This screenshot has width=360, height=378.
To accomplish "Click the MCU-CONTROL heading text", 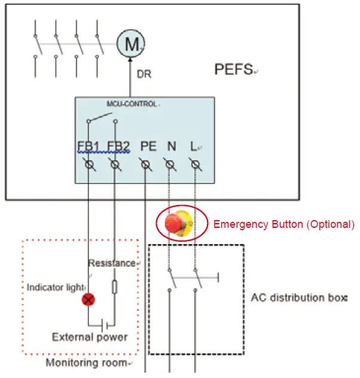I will tap(131, 104).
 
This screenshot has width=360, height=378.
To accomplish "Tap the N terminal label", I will tap(171, 146).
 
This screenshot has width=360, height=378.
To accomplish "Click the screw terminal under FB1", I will tap(89, 163).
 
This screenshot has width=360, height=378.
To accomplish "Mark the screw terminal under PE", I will tap(145, 163).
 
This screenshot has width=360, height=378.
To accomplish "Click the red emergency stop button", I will tap(175, 224).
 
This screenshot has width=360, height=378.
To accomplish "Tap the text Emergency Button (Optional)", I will tap(284, 225).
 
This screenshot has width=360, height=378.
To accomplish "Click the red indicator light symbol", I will tap(89, 300).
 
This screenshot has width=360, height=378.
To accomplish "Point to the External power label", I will tap(90, 337).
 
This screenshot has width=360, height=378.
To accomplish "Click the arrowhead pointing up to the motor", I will tap(131, 62).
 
